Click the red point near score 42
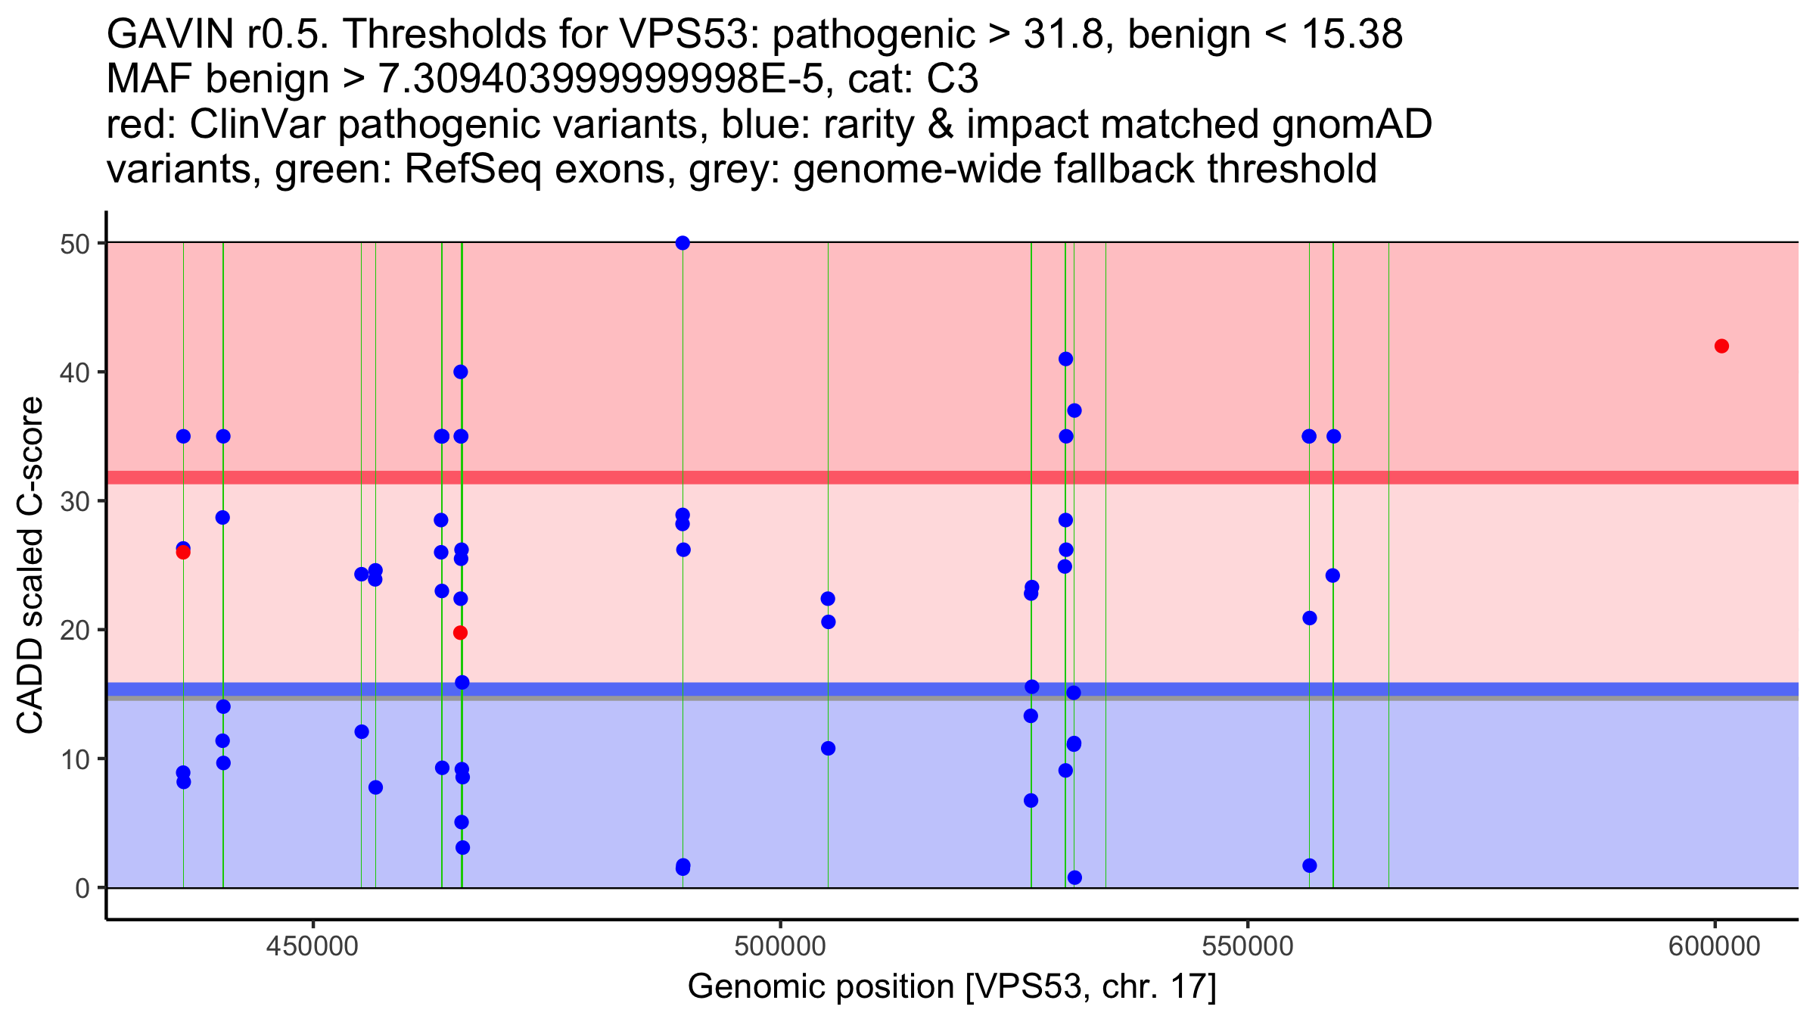coord(1721,346)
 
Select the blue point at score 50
coord(683,243)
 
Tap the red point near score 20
coord(460,633)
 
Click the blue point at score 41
coord(1065,359)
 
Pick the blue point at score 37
coord(1074,410)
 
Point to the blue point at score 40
coord(461,372)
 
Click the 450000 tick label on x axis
coord(313,946)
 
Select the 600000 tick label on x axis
coord(1715,946)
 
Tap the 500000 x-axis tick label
coord(780,946)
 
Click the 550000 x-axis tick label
coord(1247,946)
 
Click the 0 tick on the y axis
coord(82,888)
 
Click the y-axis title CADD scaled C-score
coord(30,566)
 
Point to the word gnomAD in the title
coord(1351,124)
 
